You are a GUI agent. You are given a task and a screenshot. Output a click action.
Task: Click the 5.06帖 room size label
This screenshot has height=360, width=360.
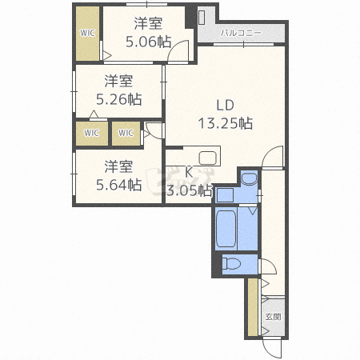click(x=148, y=42)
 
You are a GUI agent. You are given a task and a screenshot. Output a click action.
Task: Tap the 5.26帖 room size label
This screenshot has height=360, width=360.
click(x=118, y=99)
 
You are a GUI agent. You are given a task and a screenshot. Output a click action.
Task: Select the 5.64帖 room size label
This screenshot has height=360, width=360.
click(x=118, y=185)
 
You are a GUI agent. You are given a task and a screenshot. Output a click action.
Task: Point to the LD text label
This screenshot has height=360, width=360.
click(x=225, y=106)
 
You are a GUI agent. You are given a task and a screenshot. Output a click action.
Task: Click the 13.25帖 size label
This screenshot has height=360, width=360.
click(x=226, y=123)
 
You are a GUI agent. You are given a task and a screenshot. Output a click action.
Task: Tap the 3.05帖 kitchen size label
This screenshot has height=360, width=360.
click(x=190, y=190)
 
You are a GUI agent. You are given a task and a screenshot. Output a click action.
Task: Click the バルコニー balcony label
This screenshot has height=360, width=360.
click(x=241, y=33)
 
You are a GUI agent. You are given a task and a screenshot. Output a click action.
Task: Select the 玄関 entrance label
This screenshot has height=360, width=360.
click(x=273, y=317)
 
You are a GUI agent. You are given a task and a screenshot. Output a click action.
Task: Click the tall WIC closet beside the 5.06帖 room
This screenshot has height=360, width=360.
click(x=87, y=34)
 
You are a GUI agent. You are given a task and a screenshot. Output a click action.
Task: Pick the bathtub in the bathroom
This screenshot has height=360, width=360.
click(x=226, y=229)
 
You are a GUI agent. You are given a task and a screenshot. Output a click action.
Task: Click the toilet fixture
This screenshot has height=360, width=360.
click(x=231, y=264)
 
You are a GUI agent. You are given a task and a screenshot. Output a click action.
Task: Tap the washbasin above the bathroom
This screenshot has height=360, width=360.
click(x=249, y=178)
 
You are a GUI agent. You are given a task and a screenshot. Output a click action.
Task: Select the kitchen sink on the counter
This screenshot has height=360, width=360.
click(x=207, y=158)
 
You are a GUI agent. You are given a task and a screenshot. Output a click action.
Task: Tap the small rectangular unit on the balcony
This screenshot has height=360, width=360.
click(x=202, y=18)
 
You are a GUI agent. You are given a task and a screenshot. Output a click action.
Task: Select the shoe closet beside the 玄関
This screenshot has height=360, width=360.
click(x=253, y=307)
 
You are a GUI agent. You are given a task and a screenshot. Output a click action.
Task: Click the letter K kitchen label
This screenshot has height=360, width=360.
click(x=189, y=173)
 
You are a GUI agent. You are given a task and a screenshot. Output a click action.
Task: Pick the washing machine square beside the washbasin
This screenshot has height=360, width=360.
click(x=225, y=194)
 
